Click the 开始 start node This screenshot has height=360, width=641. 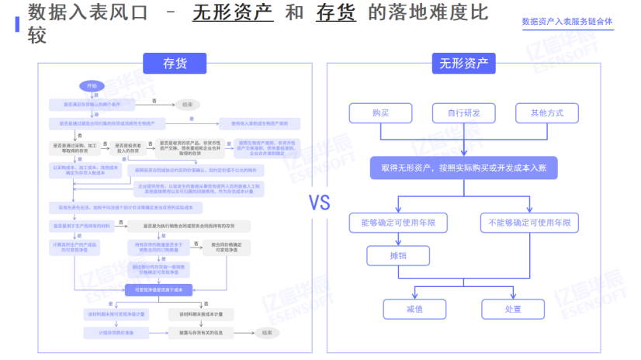point(92,86)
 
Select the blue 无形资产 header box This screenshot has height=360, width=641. point(464,64)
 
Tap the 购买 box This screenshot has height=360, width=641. point(380,112)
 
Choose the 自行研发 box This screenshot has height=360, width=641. point(463,112)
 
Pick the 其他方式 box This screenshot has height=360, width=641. point(546,112)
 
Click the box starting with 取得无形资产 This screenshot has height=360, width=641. point(464,168)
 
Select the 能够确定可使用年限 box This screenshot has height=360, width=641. point(398,223)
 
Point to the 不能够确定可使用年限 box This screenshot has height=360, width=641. point(529,223)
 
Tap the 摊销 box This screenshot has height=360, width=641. point(398,255)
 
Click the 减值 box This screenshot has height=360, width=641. point(414,309)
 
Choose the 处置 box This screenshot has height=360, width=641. point(513,309)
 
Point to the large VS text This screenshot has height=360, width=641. point(320,203)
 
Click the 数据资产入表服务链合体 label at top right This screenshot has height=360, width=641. point(567,22)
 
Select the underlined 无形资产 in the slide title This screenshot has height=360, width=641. point(233,13)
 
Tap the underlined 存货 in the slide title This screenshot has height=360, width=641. point(336,13)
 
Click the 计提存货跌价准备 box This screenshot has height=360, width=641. point(106,332)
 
